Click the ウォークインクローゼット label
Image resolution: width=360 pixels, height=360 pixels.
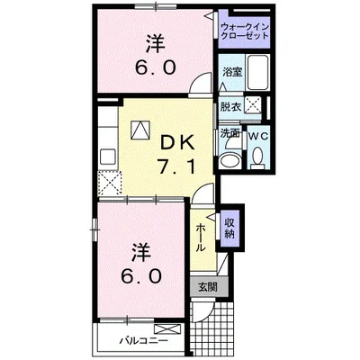[245, 31]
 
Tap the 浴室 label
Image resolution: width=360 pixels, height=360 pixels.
[232, 72]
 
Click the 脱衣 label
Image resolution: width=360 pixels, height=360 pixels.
[230, 107]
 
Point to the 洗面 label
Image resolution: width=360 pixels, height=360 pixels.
[230, 133]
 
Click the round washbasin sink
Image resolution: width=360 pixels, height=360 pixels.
[229, 161]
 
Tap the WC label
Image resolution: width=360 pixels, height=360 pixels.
[258, 136]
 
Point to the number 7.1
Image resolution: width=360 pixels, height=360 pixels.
[177, 166]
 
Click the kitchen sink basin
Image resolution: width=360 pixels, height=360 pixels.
[107, 156]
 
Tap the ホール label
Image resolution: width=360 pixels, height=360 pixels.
[201, 238]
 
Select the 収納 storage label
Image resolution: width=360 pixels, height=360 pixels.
[229, 228]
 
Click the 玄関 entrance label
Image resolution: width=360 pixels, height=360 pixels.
[207, 288]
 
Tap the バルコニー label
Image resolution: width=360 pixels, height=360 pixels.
[144, 341]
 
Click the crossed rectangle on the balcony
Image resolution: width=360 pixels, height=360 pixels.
[167, 329]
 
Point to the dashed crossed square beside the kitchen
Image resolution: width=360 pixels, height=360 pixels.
[110, 184]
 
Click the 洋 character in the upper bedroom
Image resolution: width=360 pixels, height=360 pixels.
[156, 43]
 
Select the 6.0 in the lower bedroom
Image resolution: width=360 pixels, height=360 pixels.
[141, 276]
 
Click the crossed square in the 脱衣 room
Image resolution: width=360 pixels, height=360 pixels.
[252, 105]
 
